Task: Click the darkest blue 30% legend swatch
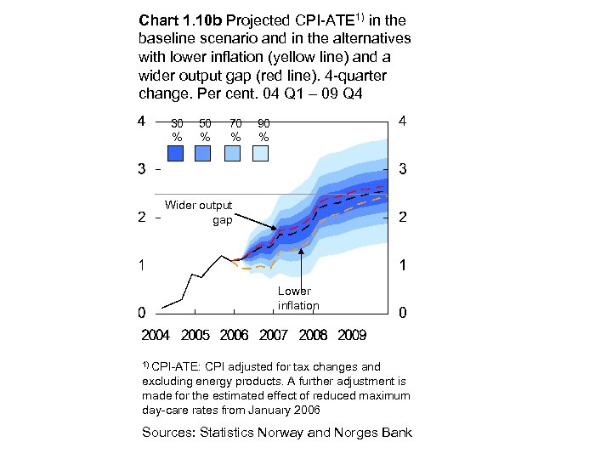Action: pyautogui.click(x=176, y=153)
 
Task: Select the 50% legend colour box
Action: pyautogui.click(x=203, y=153)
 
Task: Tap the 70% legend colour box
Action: pyautogui.click(x=232, y=153)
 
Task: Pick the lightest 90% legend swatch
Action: pyautogui.click(x=260, y=153)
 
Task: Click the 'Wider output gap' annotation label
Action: pyautogui.click(x=199, y=212)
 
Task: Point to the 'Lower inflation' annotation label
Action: pyautogui.click(x=298, y=298)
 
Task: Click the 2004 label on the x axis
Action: pyautogui.click(x=155, y=335)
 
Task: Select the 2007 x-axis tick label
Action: pyautogui.click(x=274, y=335)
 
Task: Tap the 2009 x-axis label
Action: pyautogui.click(x=352, y=335)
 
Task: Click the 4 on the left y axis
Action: pyautogui.click(x=142, y=121)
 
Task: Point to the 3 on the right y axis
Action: pyautogui.click(x=402, y=169)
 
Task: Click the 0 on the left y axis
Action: pyautogui.click(x=142, y=312)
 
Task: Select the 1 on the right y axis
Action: pyautogui.click(x=402, y=265)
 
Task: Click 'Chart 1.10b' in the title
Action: pyautogui.click(x=175, y=18)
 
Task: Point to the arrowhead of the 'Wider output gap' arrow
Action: pyautogui.click(x=275, y=229)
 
